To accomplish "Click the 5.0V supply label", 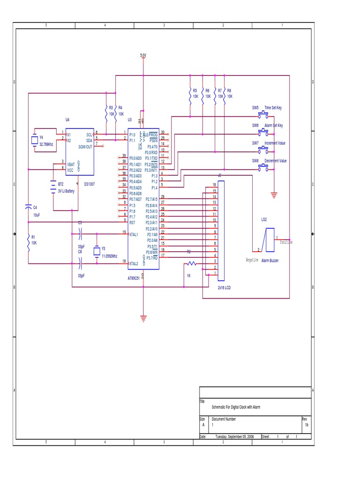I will click(x=143, y=55).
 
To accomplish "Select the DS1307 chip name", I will click(x=90, y=184).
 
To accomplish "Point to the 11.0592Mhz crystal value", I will click(x=109, y=256).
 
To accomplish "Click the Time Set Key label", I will click(x=273, y=108).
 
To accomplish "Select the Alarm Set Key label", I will click(x=274, y=126).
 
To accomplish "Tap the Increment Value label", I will click(x=275, y=143).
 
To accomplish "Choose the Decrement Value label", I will click(x=276, y=161).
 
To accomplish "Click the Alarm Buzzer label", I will click(x=270, y=260).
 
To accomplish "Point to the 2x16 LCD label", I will click(x=224, y=287).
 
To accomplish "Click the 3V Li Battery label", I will click(x=66, y=191).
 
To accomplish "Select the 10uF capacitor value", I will click(x=37, y=214).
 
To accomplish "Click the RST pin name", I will click(x=132, y=223).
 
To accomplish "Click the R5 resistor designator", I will click(x=195, y=90).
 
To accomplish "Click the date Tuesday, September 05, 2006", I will click(x=234, y=436).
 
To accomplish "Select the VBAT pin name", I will click(x=71, y=165).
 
